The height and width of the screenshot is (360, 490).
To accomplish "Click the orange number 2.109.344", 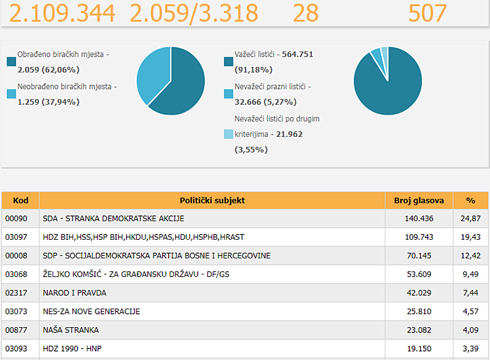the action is (x=62, y=13).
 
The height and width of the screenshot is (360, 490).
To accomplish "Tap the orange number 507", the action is (x=427, y=13).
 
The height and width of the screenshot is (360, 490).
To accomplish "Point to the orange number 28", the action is (x=305, y=13).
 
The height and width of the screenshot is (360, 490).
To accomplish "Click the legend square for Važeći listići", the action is (x=228, y=62).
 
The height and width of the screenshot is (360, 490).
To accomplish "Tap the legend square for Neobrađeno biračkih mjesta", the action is (x=11, y=94).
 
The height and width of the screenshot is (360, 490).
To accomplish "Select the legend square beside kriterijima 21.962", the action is (x=228, y=134).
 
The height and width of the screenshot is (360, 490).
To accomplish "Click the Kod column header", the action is (x=21, y=200).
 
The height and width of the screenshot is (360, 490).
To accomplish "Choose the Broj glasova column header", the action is (x=419, y=200).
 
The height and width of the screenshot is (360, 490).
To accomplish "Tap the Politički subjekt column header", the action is (x=212, y=200).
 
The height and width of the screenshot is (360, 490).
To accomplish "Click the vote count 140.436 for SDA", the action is (x=419, y=218).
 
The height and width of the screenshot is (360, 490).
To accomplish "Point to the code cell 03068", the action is (x=16, y=274).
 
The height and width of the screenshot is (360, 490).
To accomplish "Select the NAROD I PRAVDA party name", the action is (x=74, y=293).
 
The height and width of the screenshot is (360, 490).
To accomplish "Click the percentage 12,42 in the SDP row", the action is (x=471, y=255).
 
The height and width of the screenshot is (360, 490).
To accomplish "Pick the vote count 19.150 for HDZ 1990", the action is (x=419, y=349).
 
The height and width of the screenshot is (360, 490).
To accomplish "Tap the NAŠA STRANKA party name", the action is (x=71, y=330).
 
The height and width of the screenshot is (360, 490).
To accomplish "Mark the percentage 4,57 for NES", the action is (x=471, y=312).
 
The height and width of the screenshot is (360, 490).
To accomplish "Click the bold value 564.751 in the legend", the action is (x=298, y=54).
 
